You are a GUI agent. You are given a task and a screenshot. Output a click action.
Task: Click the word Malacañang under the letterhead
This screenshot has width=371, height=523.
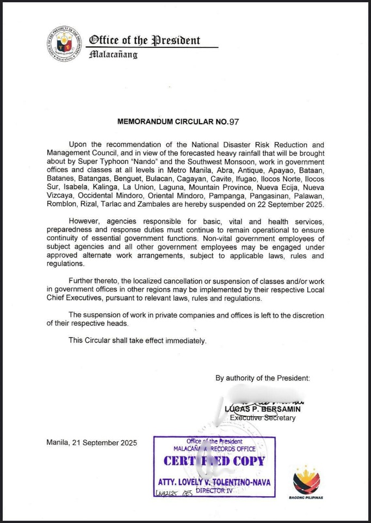pos(113,54)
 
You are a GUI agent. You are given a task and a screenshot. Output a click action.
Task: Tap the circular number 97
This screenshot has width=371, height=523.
pos(234,122)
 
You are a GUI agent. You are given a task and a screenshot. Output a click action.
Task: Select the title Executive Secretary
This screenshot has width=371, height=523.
pos(263,418)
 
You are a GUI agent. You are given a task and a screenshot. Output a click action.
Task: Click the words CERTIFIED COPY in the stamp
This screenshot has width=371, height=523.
pos(214,461)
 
